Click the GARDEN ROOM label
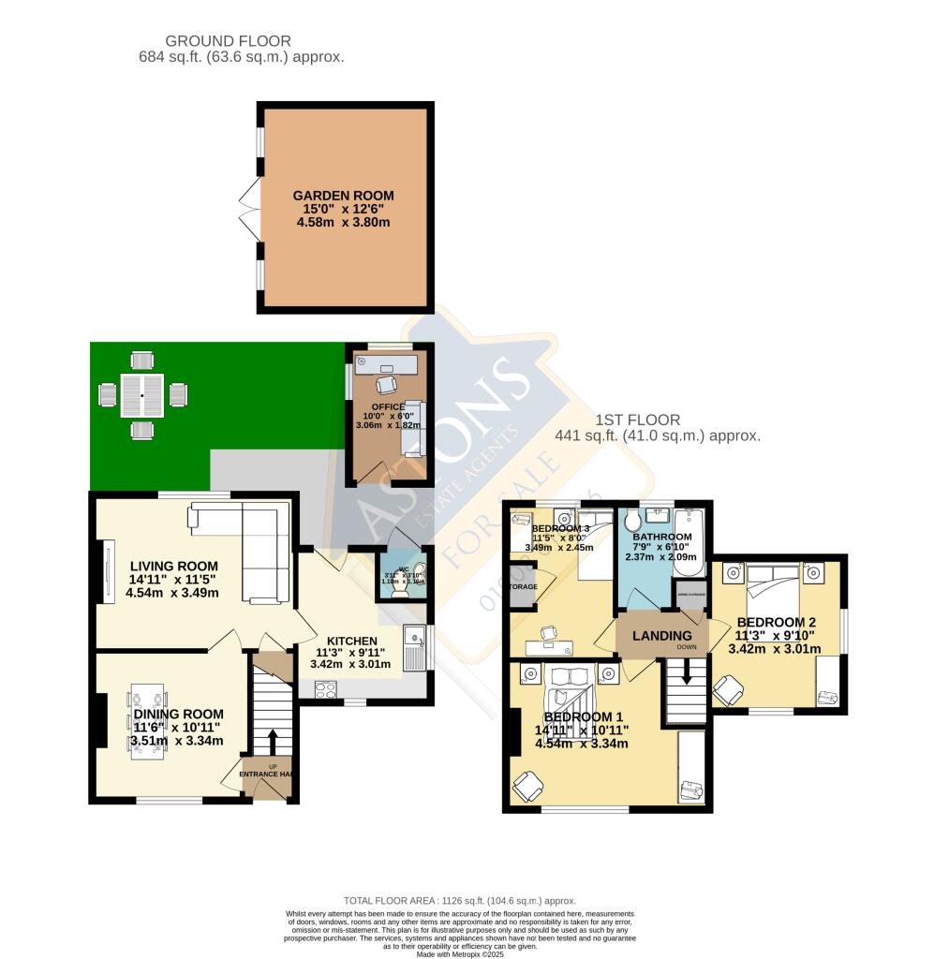[343, 196]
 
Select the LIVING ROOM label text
[174, 566]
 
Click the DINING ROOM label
[177, 715]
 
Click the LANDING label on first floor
[661, 636]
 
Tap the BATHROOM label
[661, 537]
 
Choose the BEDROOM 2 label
[777, 622]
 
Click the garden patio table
[141, 396]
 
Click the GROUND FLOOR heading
[228, 41]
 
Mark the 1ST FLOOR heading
[643, 420]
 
